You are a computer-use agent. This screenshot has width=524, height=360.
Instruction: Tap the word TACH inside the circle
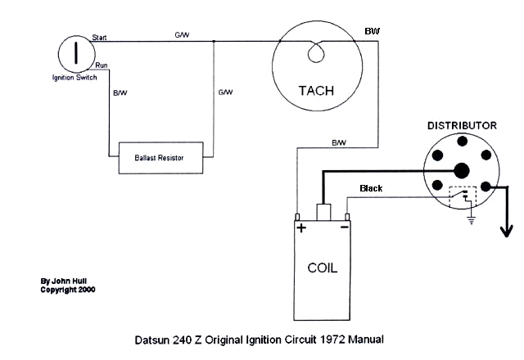316,91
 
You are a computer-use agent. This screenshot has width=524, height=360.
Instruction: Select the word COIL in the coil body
322,268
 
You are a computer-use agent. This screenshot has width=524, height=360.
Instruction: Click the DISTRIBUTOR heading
462,125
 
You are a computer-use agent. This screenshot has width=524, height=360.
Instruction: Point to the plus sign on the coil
301,228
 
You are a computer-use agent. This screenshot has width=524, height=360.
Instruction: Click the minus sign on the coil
345,227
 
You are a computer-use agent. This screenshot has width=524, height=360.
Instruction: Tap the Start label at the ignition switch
99,38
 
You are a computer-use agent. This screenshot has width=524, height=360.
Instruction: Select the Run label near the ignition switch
102,65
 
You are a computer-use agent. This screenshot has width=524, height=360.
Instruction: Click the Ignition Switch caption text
75,78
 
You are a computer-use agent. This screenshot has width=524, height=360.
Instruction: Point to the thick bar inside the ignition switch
76,52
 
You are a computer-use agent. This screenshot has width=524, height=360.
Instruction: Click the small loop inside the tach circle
316,54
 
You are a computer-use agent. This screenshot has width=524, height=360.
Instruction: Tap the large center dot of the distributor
462,171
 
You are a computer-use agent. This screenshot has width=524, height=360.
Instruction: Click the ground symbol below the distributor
472,220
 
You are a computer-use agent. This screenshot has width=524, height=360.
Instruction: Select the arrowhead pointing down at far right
507,232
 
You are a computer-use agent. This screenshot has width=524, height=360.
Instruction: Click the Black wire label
371,188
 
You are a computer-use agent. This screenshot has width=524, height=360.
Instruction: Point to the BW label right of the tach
372,31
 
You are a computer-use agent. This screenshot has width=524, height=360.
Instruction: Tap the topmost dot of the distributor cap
462,142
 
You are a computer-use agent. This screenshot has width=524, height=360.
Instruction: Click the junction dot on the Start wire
214,42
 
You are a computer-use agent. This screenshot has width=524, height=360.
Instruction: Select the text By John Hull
64,281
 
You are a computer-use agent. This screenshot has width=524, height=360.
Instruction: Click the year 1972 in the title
332,340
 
